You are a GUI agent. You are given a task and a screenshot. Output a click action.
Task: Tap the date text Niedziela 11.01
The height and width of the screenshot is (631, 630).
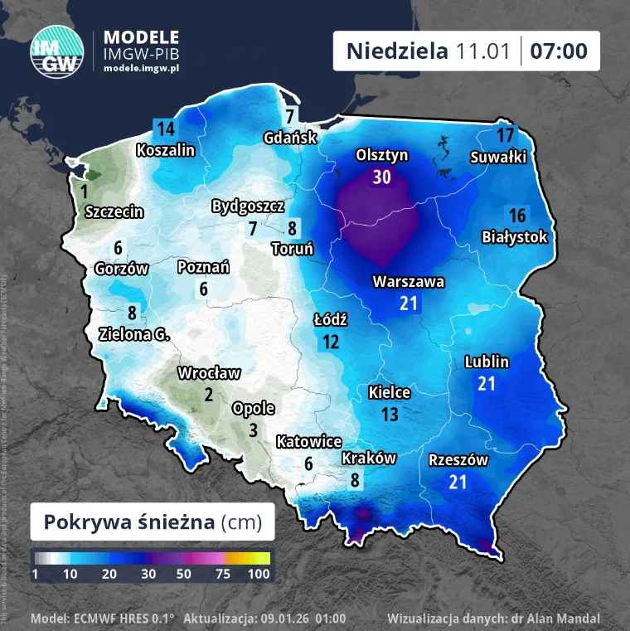coord(428,51)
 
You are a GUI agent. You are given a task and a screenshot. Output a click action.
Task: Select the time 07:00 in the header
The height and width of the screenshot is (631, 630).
coord(559,51)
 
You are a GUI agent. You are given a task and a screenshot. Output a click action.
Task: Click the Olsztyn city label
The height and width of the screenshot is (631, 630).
coord(381,155)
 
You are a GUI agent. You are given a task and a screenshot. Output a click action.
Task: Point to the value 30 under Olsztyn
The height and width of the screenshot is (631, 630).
coord(381,177)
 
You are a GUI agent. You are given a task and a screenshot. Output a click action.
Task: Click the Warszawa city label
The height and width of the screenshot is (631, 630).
coord(408,282)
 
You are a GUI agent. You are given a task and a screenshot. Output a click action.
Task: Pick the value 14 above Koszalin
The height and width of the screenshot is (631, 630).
coord(166,129)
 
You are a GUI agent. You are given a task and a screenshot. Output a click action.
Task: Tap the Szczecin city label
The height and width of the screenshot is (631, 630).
coord(114,212)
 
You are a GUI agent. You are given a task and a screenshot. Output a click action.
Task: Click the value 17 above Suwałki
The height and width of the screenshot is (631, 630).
coord(505,135)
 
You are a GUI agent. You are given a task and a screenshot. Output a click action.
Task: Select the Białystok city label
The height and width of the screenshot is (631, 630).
coord(515,237)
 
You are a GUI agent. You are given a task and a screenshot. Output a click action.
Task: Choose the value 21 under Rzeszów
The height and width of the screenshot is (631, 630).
coord(458,482)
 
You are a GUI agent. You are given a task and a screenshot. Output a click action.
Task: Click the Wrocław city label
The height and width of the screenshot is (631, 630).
coord(209,373)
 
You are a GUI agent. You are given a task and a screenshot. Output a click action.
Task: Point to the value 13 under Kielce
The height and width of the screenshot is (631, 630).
coord(390,414)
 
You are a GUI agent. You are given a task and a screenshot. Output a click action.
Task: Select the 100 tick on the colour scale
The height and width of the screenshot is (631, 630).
coord(258,574)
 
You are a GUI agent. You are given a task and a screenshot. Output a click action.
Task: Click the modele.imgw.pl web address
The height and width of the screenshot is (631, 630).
coord(141,68)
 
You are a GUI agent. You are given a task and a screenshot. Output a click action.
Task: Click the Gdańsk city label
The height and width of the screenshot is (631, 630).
coord(290,138)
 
